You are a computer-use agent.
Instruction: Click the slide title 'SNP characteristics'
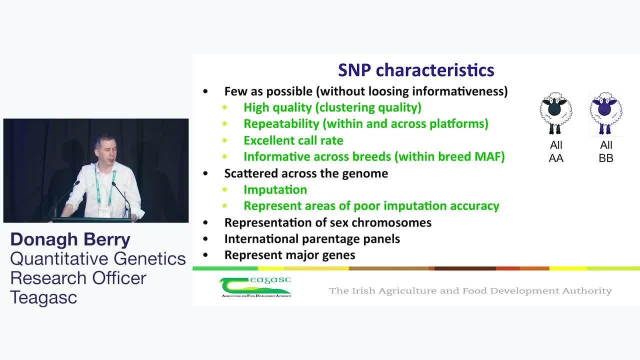pyautogui.click(x=416, y=70)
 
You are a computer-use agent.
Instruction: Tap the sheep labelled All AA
pyautogui.click(x=555, y=113)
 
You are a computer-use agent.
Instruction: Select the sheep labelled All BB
pyautogui.click(x=605, y=113)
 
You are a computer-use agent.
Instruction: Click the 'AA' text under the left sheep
pyautogui.click(x=556, y=158)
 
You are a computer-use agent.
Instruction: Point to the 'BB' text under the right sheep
pyautogui.click(x=606, y=158)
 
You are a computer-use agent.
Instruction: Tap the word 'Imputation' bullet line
pyautogui.click(x=275, y=189)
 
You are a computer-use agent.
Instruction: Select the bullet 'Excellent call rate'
pyautogui.click(x=293, y=140)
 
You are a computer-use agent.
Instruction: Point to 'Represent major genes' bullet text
pyautogui.click(x=289, y=255)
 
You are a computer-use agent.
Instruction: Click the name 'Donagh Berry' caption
pyautogui.click(x=70, y=239)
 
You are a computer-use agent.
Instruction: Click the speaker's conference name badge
pyautogui.click(x=104, y=211)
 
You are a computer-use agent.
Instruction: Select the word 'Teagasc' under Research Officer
pyautogui.click(x=43, y=297)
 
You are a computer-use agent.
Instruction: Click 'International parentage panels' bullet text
pyautogui.click(x=312, y=239)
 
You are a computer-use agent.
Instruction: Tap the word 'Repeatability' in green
pyautogui.click(x=281, y=124)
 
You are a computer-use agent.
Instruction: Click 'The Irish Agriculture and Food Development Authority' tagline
pyautogui.click(x=470, y=291)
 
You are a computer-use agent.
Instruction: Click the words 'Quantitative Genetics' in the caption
pyautogui.click(x=98, y=259)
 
